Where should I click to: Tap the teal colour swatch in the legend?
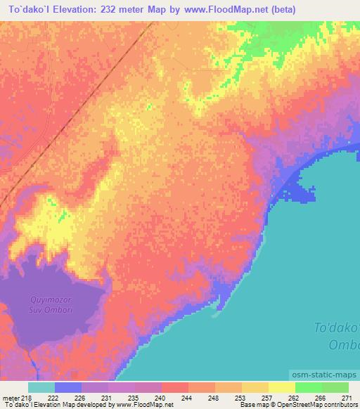41,387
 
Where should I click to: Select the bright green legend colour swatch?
309,387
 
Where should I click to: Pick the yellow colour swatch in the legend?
282,387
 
